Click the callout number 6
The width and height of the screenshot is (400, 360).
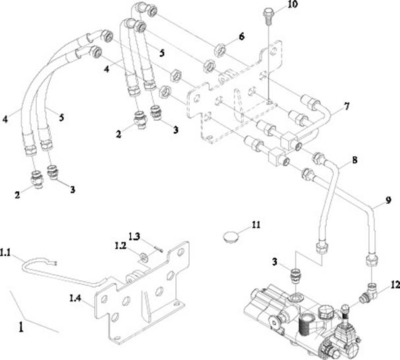click(x=241, y=38)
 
